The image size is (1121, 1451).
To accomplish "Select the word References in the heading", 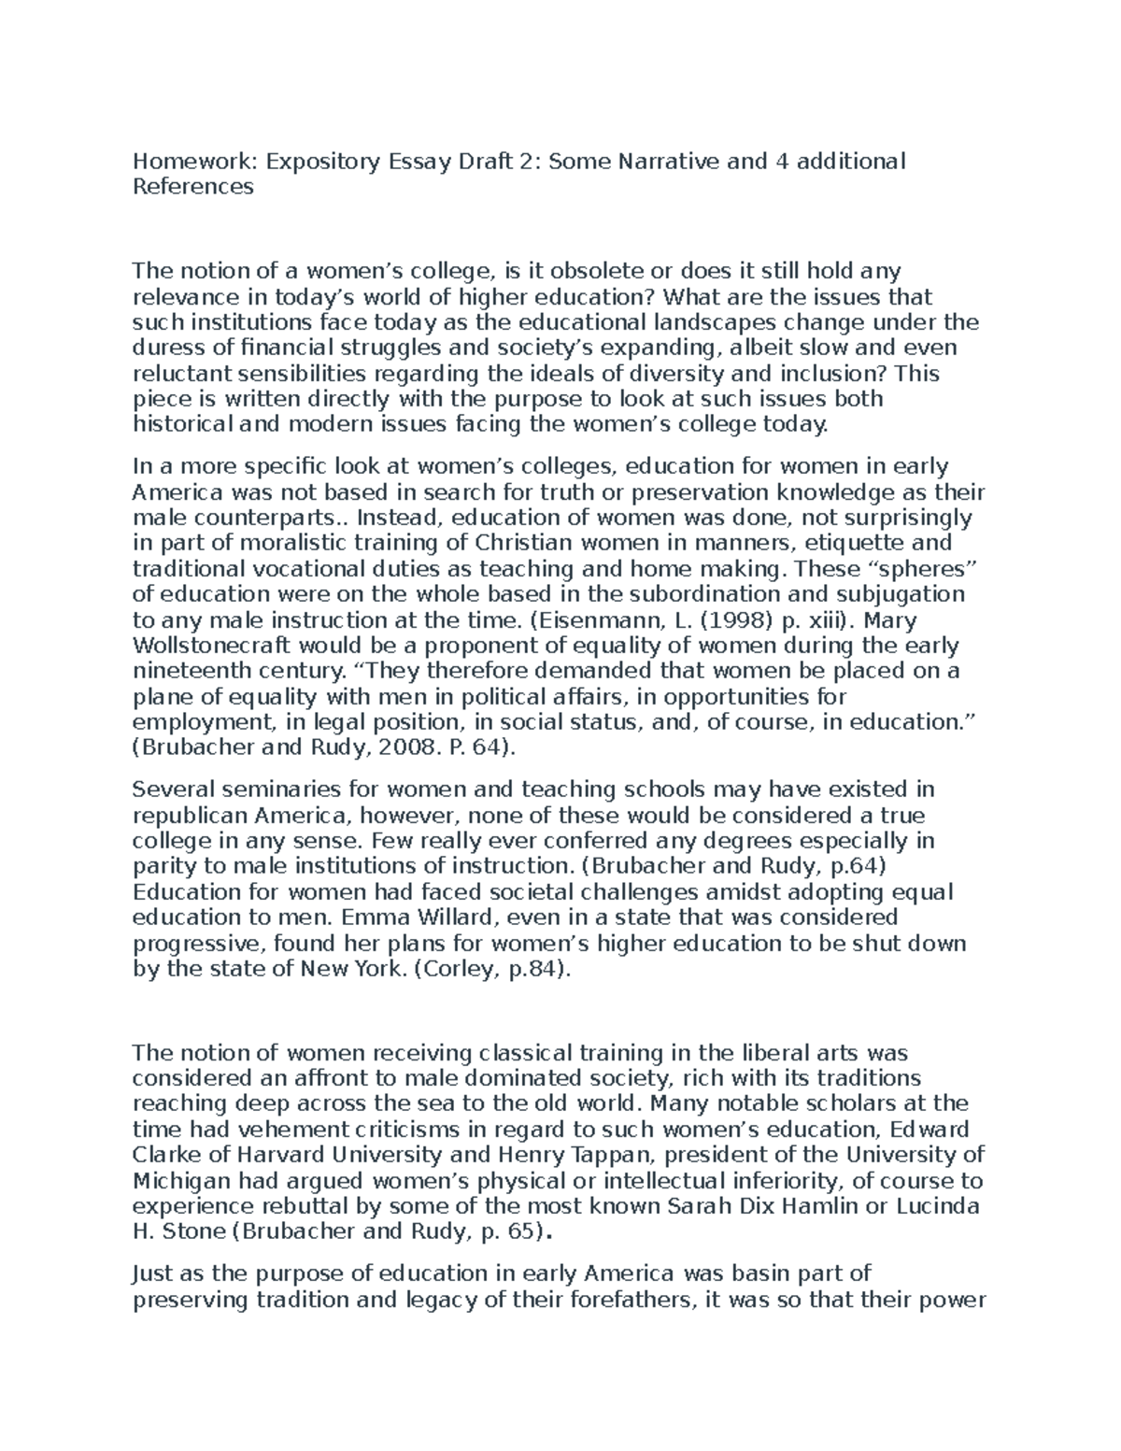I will [x=193, y=187].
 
